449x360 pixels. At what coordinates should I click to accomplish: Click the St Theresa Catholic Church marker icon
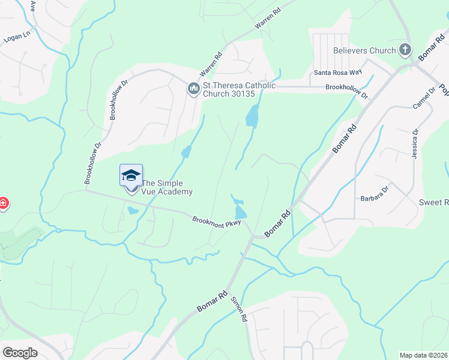pyautogui.click(x=193, y=89)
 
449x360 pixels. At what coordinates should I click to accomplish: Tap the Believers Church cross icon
pyautogui.click(x=406, y=50)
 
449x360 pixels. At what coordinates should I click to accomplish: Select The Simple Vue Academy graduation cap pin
pyautogui.click(x=131, y=176)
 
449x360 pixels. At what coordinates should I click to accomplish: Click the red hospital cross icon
pyautogui.click(x=3, y=203)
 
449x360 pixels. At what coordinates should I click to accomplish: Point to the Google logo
pyautogui.click(x=20, y=352)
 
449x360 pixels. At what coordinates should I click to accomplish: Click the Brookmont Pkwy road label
pyautogui.click(x=217, y=221)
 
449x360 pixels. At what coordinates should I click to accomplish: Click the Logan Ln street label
pyautogui.click(x=17, y=37)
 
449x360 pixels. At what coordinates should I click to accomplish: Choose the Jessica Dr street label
pyautogui.click(x=415, y=143)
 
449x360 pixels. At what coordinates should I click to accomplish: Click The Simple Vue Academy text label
pyautogui.click(x=167, y=188)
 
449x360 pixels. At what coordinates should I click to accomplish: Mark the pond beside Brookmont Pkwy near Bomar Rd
pyautogui.click(x=241, y=211)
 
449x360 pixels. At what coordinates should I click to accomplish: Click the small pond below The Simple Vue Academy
pyautogui.click(x=132, y=211)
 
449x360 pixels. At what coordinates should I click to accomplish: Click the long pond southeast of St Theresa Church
pyautogui.click(x=253, y=115)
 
